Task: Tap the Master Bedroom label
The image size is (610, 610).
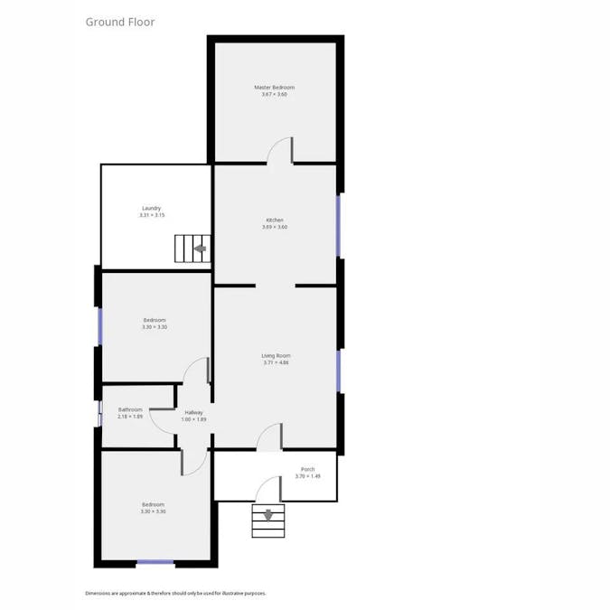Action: click(x=274, y=88)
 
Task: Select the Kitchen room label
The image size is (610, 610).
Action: click(x=275, y=221)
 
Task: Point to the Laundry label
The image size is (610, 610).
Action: click(x=151, y=208)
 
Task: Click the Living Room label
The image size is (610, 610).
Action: click(x=277, y=356)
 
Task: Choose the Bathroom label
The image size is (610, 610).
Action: click(x=130, y=409)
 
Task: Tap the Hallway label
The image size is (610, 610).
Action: click(x=193, y=412)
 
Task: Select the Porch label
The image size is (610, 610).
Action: click(x=307, y=469)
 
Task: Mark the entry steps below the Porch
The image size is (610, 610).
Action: click(x=268, y=521)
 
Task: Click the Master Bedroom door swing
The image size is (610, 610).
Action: click(x=280, y=150)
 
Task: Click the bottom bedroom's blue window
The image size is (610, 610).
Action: click(x=155, y=563)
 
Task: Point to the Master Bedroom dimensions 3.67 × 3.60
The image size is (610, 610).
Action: click(x=274, y=95)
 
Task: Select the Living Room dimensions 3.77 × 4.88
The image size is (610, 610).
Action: click(x=277, y=363)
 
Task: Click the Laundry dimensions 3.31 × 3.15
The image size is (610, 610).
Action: click(x=151, y=215)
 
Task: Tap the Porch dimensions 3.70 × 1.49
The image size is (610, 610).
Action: click(x=307, y=476)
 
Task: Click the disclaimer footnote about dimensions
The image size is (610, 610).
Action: click(x=175, y=593)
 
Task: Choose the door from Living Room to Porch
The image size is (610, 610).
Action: click(x=269, y=438)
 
